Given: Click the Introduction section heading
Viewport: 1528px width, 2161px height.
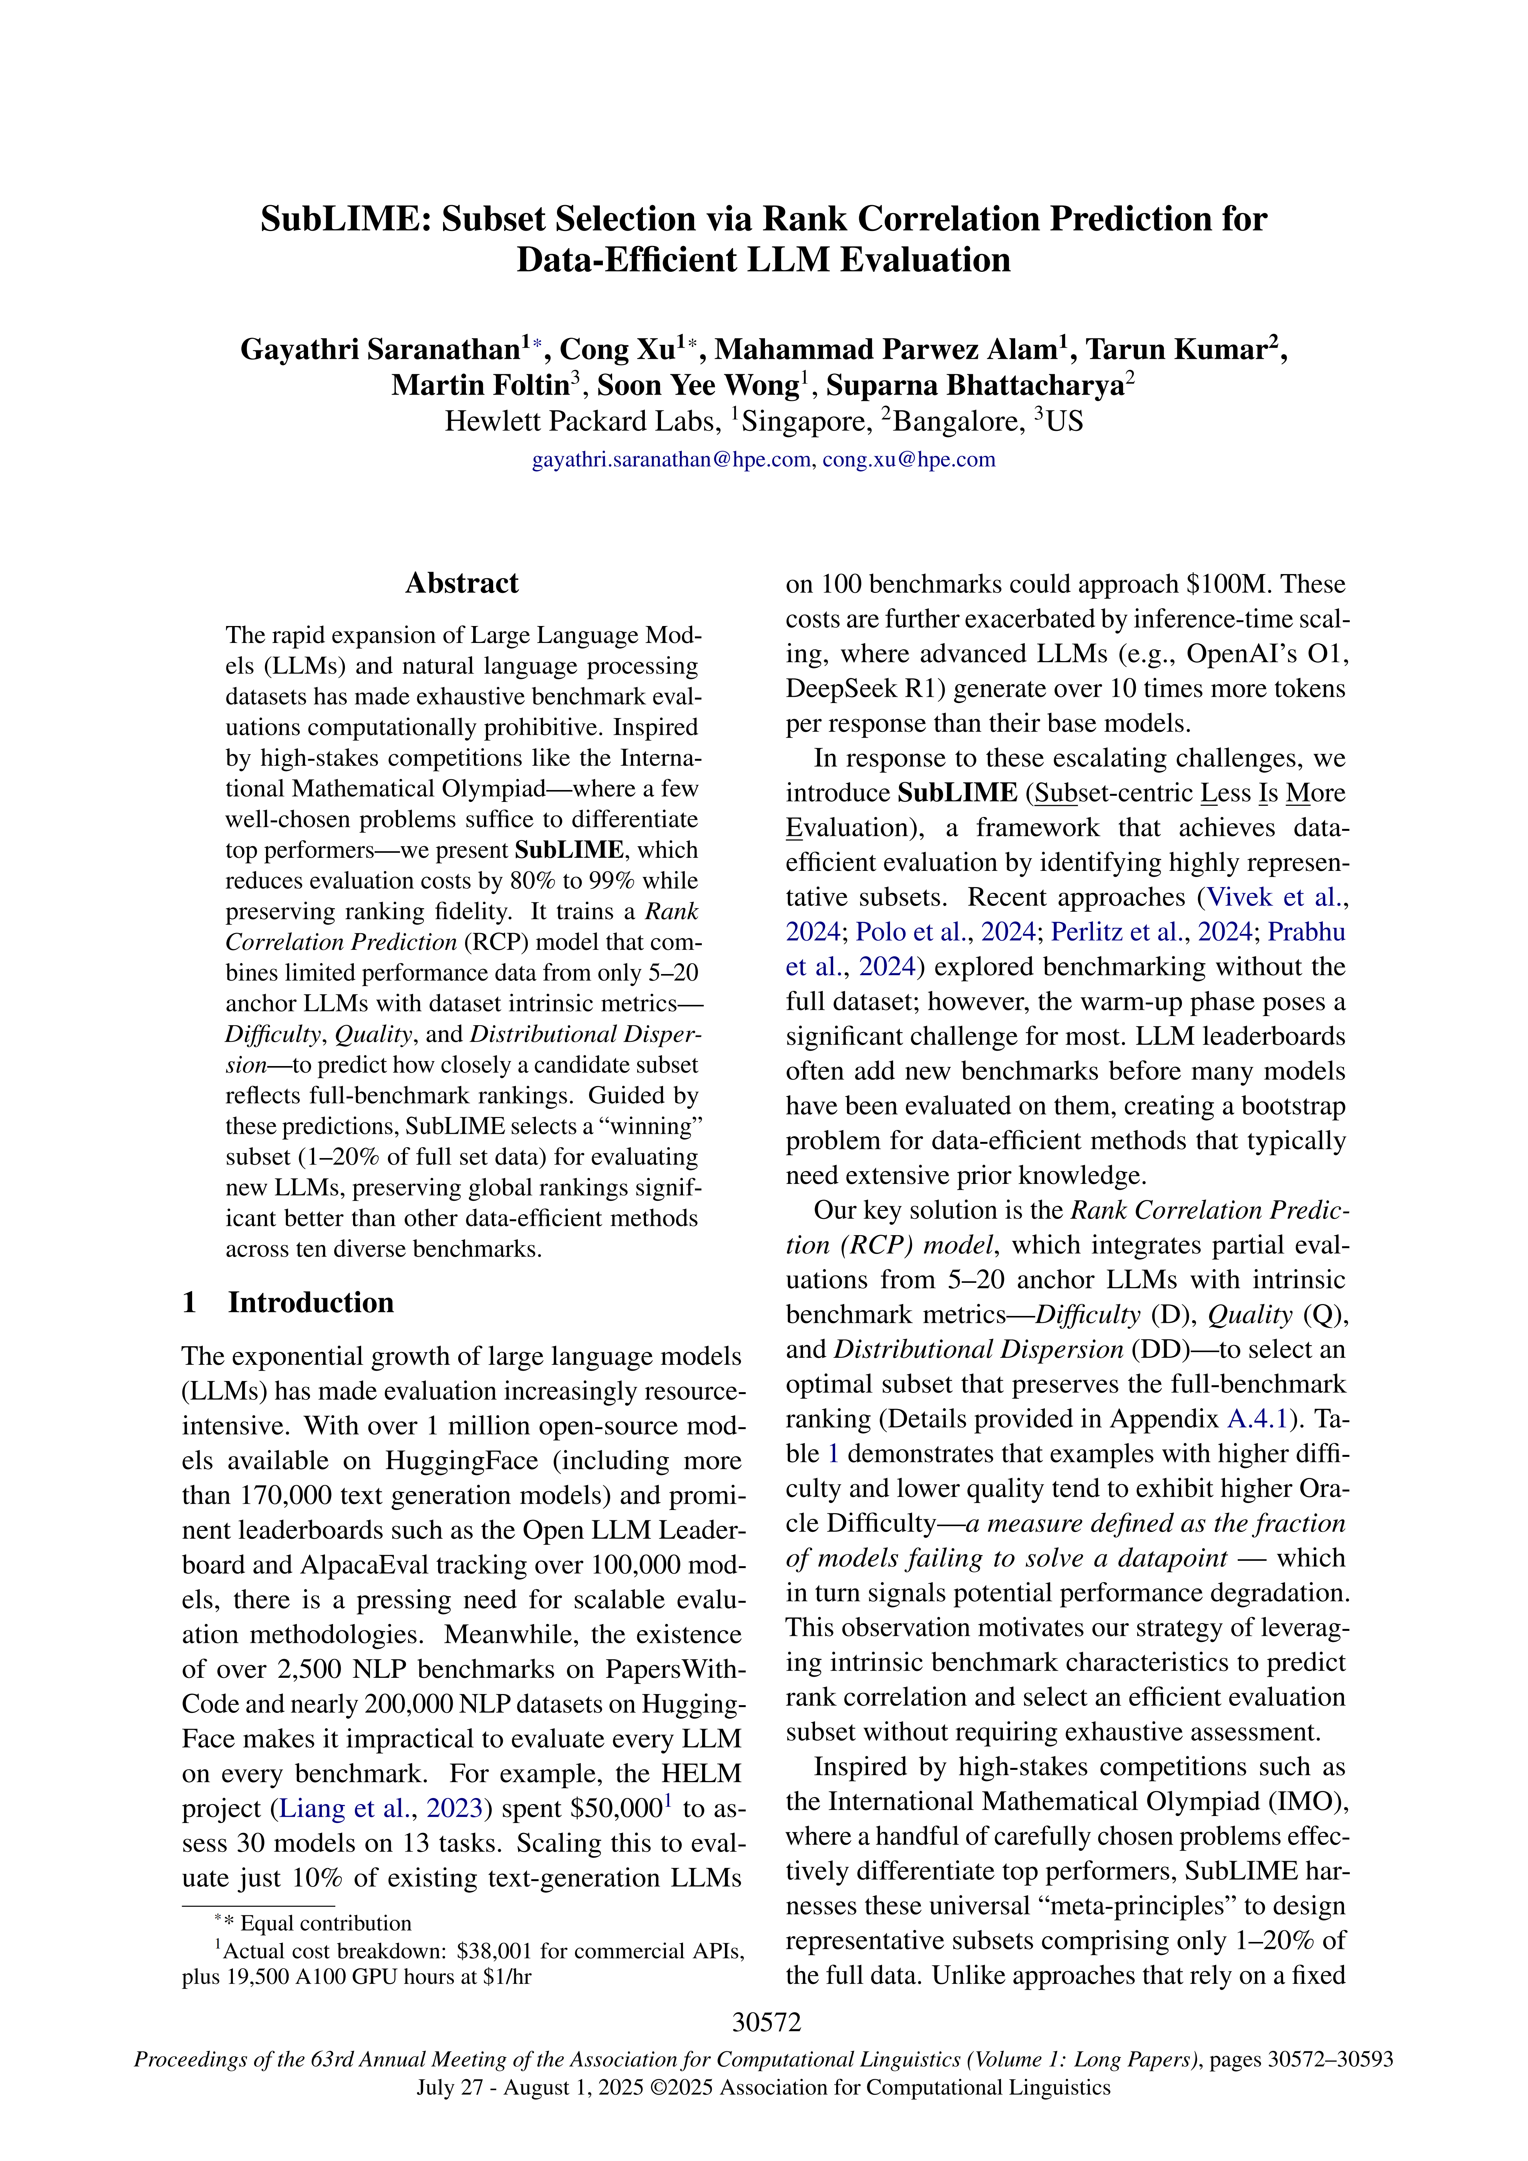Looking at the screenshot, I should coord(311,1302).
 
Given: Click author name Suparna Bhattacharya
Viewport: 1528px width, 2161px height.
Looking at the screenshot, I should coord(975,385).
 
